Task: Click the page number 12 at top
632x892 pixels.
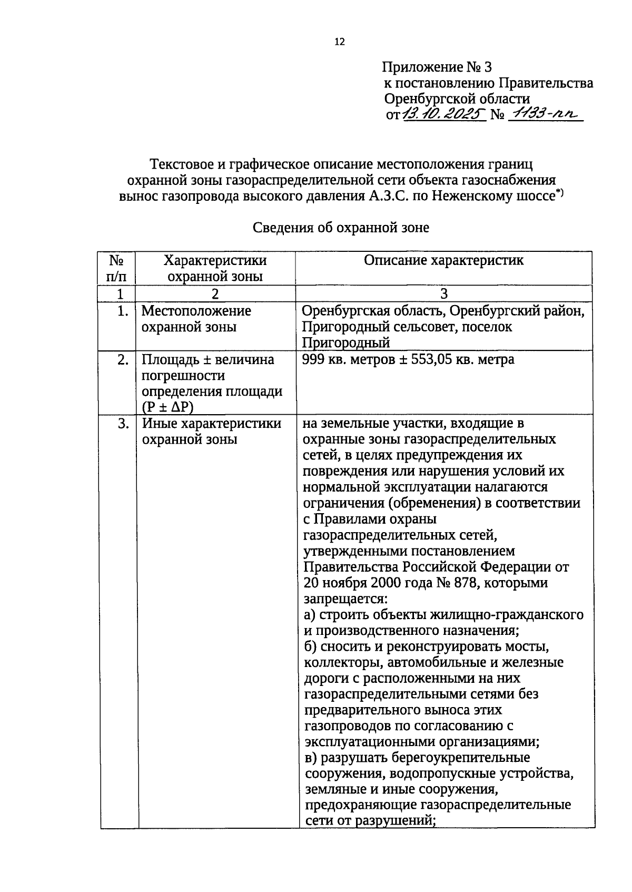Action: [x=339, y=42]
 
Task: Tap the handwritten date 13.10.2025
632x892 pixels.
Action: [x=443, y=114]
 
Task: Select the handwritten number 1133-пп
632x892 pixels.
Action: [x=546, y=114]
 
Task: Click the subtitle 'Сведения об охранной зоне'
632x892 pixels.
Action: [x=341, y=228]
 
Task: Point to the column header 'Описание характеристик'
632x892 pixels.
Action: [x=443, y=260]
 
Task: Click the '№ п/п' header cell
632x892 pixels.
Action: [x=116, y=268]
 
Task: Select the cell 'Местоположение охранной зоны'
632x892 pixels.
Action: [x=196, y=319]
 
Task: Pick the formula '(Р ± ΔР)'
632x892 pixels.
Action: [x=167, y=407]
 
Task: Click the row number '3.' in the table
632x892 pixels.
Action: [x=123, y=424]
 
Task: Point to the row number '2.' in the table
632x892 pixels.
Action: [x=123, y=360]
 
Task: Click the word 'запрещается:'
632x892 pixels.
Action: [x=345, y=599]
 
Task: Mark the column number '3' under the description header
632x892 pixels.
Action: [x=443, y=293]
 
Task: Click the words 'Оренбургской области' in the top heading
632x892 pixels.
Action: [x=457, y=99]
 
